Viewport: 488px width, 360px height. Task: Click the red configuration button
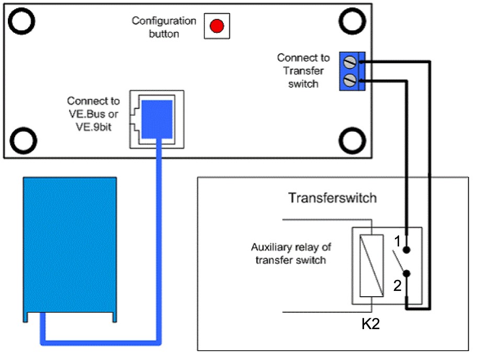pyautogui.click(x=216, y=26)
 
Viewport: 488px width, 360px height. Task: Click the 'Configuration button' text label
pyautogui.click(x=164, y=27)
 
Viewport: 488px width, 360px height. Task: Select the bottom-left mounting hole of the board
pyautogui.click(x=22, y=140)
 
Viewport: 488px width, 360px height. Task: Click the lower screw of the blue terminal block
pyautogui.click(x=350, y=80)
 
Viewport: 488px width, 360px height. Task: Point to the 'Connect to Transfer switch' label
pyautogui.click(x=303, y=71)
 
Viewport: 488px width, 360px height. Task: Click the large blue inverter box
pyautogui.click(x=70, y=246)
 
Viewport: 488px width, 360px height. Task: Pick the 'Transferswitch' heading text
pyautogui.click(x=332, y=198)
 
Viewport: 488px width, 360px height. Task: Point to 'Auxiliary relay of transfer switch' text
pyautogui.click(x=291, y=253)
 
